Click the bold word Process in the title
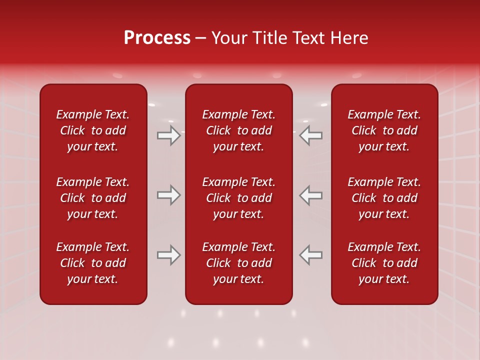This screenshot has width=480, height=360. [157, 38]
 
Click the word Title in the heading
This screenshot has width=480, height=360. [270, 38]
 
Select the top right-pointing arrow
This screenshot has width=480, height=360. [169, 136]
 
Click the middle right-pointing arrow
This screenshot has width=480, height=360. [169, 195]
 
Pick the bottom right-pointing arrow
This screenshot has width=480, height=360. [169, 255]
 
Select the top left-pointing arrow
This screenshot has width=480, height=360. [311, 136]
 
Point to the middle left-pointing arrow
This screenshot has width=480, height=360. [311, 195]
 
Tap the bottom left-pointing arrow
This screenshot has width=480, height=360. [311, 255]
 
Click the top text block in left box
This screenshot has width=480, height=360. [93, 130]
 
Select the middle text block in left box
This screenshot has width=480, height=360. [93, 198]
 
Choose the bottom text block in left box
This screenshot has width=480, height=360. [93, 263]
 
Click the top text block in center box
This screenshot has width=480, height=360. [238, 130]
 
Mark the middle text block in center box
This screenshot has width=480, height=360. [238, 198]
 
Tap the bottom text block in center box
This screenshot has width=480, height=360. [238, 263]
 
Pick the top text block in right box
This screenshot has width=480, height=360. [384, 130]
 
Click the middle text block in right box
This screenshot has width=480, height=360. [384, 198]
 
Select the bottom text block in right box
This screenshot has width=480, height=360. [384, 263]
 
